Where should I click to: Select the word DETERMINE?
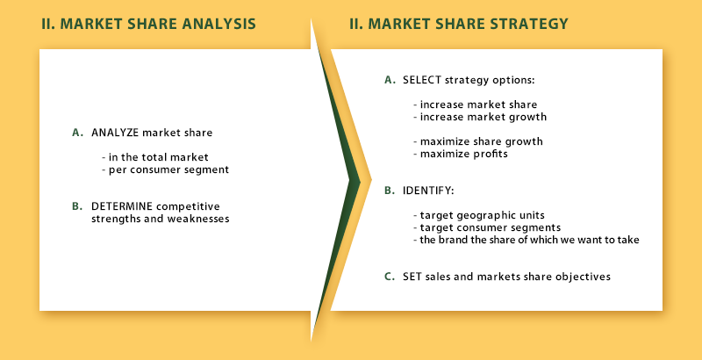click(122, 206)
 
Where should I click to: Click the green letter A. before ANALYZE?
click(77, 133)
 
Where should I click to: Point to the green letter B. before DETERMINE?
click(77, 206)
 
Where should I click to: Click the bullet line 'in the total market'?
click(155, 157)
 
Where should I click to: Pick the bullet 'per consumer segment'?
click(165, 170)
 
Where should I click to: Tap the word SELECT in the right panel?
click(422, 80)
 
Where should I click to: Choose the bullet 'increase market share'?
click(475, 104)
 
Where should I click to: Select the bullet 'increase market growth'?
click(480, 118)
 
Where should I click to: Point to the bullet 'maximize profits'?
click(460, 154)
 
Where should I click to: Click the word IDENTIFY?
click(428, 191)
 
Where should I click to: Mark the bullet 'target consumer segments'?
click(487, 227)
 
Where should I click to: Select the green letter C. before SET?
click(390, 277)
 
